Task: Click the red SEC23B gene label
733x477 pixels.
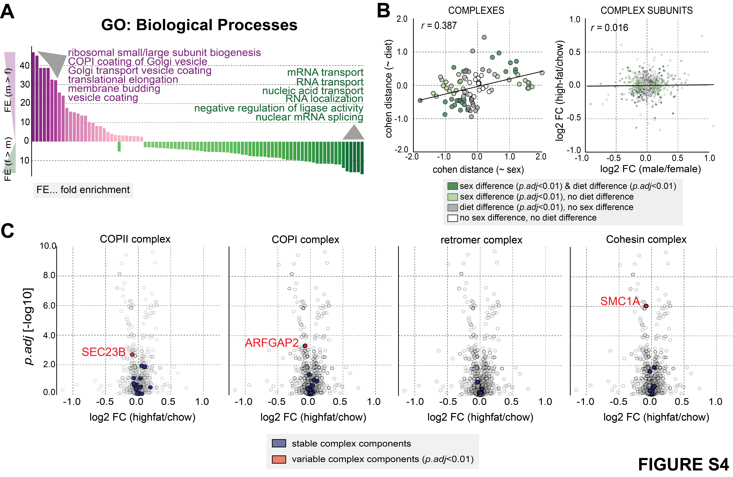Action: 103,352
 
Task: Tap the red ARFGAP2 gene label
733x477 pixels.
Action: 272,343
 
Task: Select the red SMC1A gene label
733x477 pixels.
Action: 620,301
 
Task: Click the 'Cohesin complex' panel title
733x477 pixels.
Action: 646,239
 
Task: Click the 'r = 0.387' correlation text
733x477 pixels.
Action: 439,26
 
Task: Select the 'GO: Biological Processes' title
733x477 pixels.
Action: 199,25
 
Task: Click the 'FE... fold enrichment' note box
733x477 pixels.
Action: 83,190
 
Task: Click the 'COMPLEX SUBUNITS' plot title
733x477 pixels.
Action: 646,11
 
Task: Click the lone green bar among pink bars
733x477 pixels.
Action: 119,146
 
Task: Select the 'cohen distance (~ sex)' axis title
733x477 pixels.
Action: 478,169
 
